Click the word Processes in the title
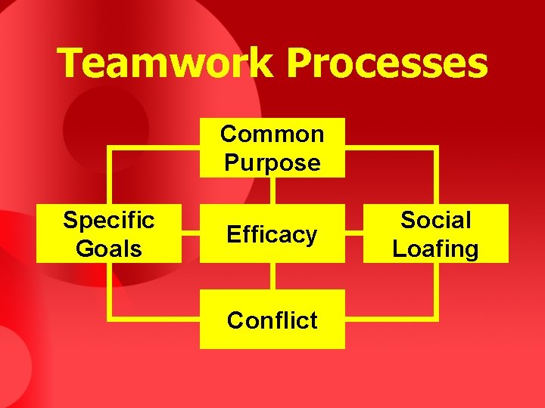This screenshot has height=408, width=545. coord(387,63)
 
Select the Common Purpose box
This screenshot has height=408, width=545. coord(272,148)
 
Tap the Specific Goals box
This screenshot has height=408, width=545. coord(109,234)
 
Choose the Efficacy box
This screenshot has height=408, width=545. coord(272,234)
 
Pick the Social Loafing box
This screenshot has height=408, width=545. coord(435,234)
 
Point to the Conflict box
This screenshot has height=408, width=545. coord(272,320)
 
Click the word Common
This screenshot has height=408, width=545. coord(272,134)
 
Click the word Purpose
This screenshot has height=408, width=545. coord(272,162)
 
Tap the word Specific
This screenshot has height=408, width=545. coord(109,221)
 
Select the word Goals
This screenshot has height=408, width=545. coord(109,249)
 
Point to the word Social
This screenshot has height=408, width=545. coord(435,221)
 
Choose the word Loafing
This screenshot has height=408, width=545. coord(435,249)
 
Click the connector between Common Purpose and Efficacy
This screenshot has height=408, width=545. coord(272,190)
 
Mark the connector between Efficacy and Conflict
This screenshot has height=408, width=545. coord(272,277)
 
